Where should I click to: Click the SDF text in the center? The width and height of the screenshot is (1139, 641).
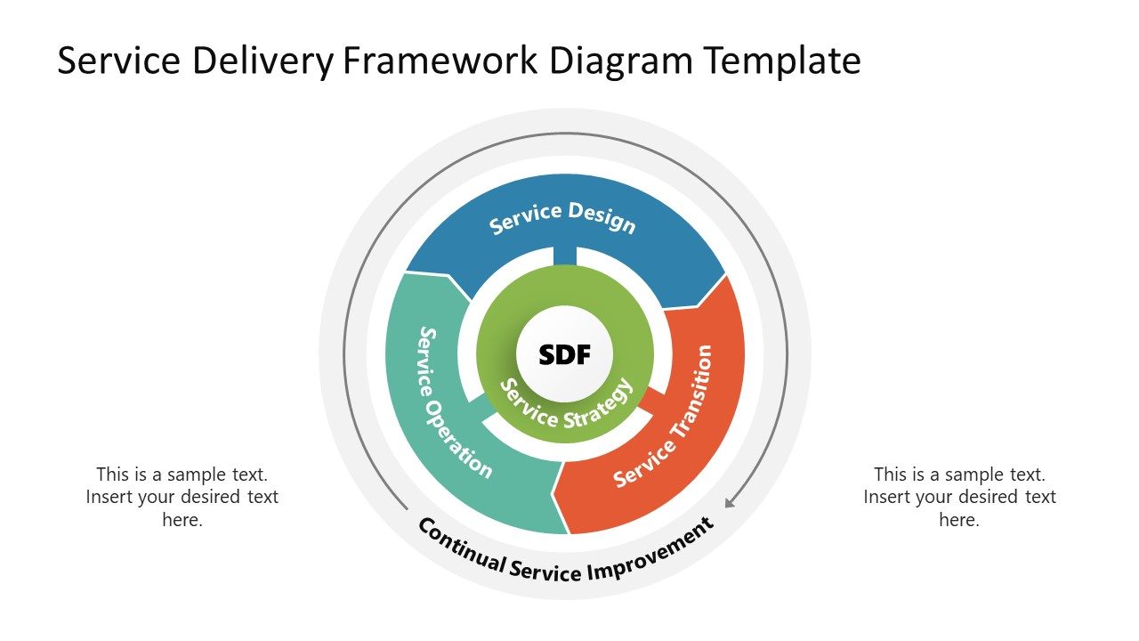coord(564,355)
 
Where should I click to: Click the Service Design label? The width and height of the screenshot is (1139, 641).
coord(563,217)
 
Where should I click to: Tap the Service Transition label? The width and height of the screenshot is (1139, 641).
coord(665,416)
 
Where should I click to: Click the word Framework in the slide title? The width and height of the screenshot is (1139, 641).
coord(440,61)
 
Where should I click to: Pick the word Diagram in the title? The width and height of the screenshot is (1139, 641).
coord(621,61)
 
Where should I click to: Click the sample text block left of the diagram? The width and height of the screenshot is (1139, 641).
coord(182,497)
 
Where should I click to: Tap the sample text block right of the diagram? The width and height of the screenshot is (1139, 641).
coord(959,497)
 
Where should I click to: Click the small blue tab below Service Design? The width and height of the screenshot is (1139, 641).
coord(564,255)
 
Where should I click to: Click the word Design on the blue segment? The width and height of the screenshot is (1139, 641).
coord(602,217)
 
